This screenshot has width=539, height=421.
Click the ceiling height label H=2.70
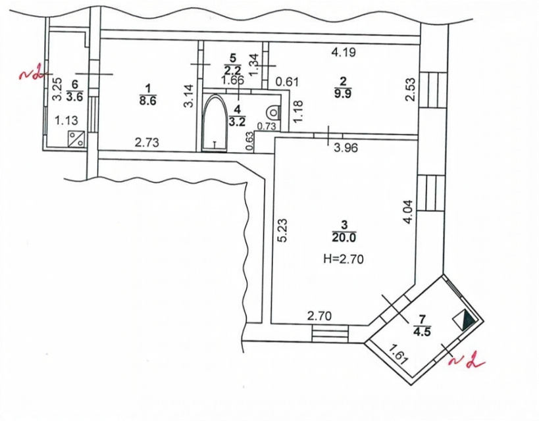(x=344, y=259)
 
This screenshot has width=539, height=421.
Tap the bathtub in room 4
(x=215, y=122)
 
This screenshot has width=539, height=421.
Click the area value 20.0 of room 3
(x=344, y=237)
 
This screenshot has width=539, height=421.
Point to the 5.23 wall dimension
(x=282, y=230)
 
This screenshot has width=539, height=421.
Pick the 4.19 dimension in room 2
(x=343, y=53)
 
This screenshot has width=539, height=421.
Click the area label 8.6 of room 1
(x=147, y=101)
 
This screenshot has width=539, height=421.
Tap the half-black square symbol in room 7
(x=464, y=320)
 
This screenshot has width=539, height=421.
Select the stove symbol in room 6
(x=76, y=139)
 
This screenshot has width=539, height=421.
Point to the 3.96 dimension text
(x=346, y=148)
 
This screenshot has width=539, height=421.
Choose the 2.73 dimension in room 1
(x=147, y=142)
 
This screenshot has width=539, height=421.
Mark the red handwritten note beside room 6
(x=32, y=74)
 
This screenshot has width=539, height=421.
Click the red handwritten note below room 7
(x=467, y=362)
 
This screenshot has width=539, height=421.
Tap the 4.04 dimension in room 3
(x=408, y=212)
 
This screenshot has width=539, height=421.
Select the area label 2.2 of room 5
(x=233, y=70)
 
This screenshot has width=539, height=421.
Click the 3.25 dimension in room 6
(x=57, y=89)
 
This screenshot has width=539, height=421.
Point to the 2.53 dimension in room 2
(x=410, y=90)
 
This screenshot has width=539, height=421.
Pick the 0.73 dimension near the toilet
(x=267, y=126)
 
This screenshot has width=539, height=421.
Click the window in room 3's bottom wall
(x=330, y=333)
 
